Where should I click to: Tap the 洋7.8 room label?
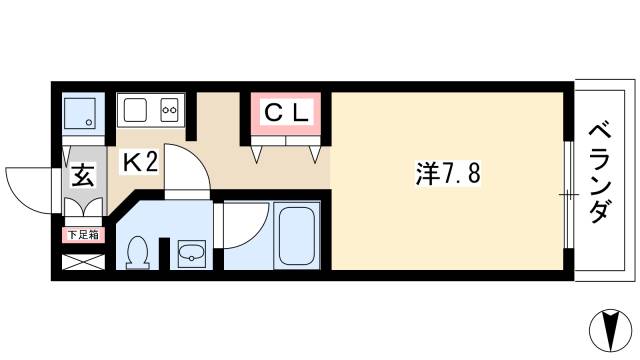[449, 172]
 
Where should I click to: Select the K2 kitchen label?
[140, 162]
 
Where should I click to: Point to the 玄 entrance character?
[83, 179]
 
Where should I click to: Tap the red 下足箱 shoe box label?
[82, 236]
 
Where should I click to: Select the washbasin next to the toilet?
[190, 254]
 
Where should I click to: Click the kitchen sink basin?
[137, 109]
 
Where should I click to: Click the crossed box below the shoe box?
[81, 264]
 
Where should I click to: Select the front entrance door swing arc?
[27, 186]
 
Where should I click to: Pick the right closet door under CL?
[313, 151]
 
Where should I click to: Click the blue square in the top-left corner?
[81, 114]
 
